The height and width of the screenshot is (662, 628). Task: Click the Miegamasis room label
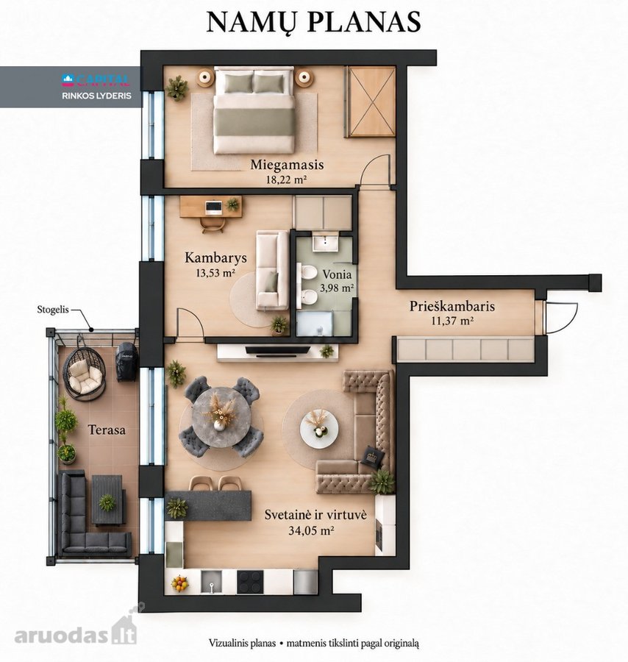pos(287,165)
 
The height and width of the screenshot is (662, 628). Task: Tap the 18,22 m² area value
pos(286,179)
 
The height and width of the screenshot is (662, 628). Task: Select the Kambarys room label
pos(215,257)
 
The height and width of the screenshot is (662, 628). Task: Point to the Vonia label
pos(337,274)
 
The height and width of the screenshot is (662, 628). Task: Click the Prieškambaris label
pos(452,306)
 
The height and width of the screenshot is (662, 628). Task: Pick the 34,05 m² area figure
pos(312,530)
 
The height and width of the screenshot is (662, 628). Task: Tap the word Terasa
pos(107,430)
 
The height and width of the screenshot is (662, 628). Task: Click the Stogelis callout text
pos(53,310)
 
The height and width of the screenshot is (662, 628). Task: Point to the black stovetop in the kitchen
pos(250,581)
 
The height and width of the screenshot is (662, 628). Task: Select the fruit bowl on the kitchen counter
pos(179,583)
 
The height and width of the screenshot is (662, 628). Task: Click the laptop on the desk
pos(213,207)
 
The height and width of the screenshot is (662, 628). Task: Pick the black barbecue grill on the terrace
pos(126,362)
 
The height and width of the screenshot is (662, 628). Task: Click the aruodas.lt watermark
pos(75,632)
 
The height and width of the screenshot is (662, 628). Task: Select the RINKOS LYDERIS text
pos(96,96)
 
